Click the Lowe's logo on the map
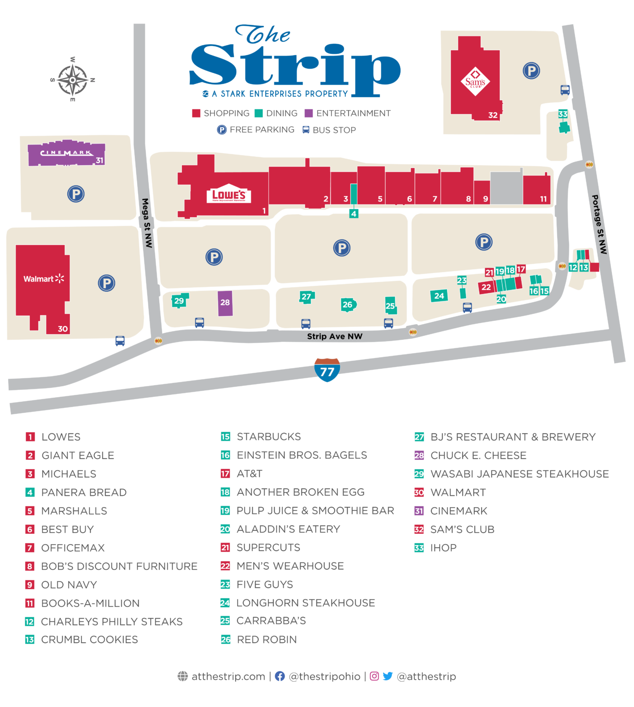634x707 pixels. tap(228, 196)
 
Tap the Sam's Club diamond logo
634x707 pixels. tap(475, 82)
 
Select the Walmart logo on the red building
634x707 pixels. tap(44, 279)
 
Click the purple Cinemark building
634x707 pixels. tap(66, 154)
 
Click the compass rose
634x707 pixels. tap(73, 80)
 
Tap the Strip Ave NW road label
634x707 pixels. tap(335, 336)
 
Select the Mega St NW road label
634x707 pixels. tap(147, 223)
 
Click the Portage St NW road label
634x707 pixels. tap(599, 224)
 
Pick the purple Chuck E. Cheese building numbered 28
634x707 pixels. tap(225, 303)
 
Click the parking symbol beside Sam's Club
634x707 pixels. tap(531, 71)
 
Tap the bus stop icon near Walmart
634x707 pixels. tap(120, 341)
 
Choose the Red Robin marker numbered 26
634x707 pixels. tap(348, 304)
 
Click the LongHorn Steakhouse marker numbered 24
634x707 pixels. tap(439, 296)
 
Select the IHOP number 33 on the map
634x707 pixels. tap(563, 114)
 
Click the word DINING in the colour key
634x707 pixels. tap(282, 113)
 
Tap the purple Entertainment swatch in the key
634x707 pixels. tap(309, 113)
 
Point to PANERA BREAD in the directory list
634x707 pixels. tap(84, 493)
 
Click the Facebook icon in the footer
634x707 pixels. tap(279, 676)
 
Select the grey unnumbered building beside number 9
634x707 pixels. tap(506, 188)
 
